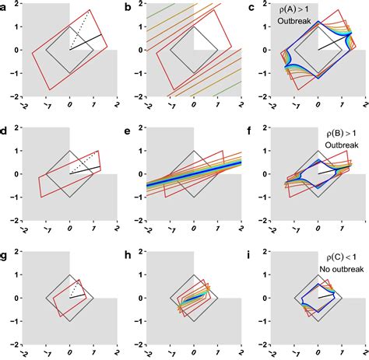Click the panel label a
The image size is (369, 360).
click(5, 6)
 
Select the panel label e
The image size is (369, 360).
click(130, 130)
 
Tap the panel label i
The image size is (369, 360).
click(253, 254)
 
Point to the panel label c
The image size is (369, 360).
click(253, 6)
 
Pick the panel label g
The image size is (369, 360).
click(5, 254)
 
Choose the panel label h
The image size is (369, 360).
click(130, 254)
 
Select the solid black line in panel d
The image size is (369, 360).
click(86, 169)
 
